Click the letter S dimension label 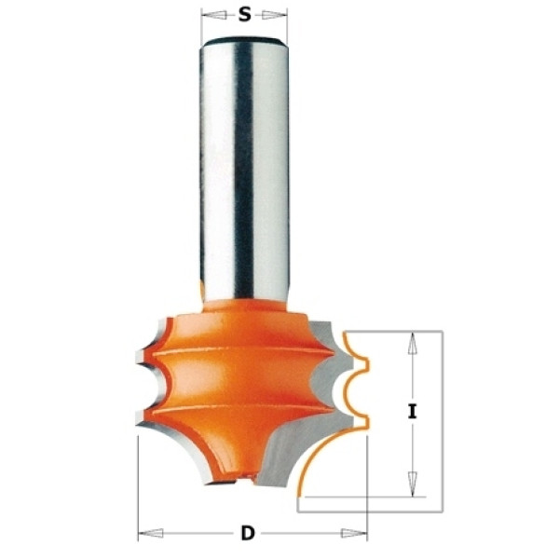pyautogui.click(x=244, y=15)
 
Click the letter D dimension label pyautogui.click(x=248, y=533)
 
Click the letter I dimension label pyautogui.click(x=413, y=412)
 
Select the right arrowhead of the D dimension pyautogui.click(x=354, y=533)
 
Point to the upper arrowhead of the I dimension pyautogui.click(x=413, y=344)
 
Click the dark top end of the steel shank pyautogui.click(x=244, y=40)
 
